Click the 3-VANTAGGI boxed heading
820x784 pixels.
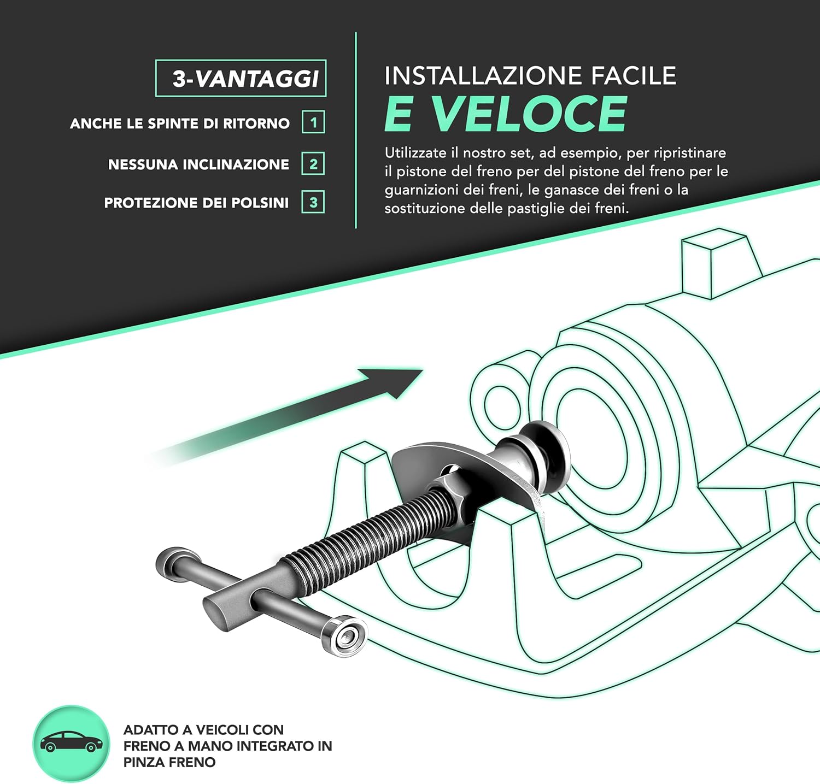[x=241, y=78]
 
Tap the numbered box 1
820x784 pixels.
[x=313, y=122]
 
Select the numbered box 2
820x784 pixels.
[x=313, y=164]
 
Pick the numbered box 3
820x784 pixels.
[x=313, y=203]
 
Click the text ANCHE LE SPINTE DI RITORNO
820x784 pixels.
[x=180, y=123]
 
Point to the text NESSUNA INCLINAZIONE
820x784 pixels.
[x=198, y=164]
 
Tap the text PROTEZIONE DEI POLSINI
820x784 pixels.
[x=196, y=203]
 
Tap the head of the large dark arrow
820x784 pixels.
[x=396, y=380]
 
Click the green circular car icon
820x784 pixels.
[x=71, y=744]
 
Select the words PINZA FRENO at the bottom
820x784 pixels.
[x=169, y=762]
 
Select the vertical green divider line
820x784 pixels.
[x=356, y=131]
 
